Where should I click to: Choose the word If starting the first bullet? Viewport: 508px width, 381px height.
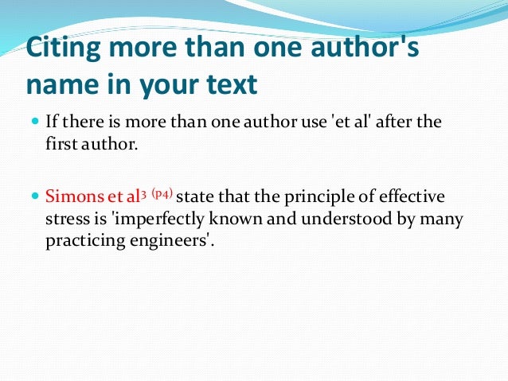(51, 124)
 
